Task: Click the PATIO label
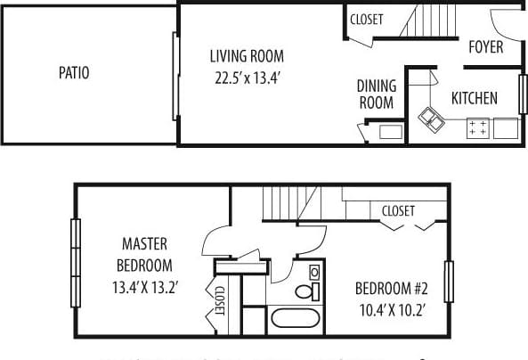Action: pyautogui.click(x=73, y=73)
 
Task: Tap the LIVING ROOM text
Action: pyautogui.click(x=244, y=55)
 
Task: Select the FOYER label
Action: pyautogui.click(x=485, y=46)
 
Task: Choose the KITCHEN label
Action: pyautogui.click(x=474, y=98)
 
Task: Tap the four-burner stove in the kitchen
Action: pyautogui.click(x=477, y=128)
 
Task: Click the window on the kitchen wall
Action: pyautogui.click(x=523, y=94)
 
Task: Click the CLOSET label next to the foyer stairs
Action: pyautogui.click(x=367, y=19)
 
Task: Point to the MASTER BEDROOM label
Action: pyautogui.click(x=146, y=254)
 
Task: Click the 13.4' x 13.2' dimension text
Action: pyautogui.click(x=146, y=287)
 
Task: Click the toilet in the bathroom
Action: pyautogui.click(x=304, y=290)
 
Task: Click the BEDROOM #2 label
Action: pyautogui.click(x=392, y=289)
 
